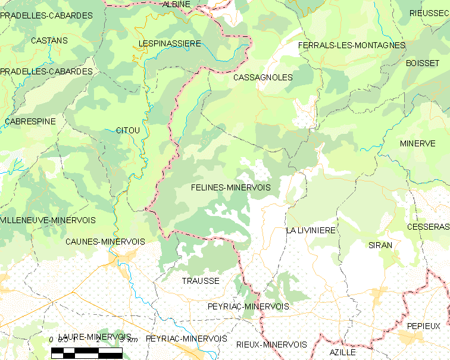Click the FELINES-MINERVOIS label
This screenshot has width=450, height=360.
point(231,187)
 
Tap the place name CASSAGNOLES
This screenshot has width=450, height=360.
point(263,78)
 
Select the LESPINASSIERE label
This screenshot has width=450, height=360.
point(170,44)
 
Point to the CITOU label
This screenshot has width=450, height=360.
point(128,130)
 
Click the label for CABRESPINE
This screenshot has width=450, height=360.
point(30,121)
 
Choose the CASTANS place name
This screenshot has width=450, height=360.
point(49,41)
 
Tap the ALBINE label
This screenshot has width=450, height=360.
point(176,4)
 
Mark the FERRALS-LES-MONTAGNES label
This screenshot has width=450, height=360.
point(351,45)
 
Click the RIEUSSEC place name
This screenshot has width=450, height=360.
point(429,13)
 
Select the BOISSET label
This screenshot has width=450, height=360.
point(422,63)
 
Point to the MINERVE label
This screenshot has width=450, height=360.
point(417,143)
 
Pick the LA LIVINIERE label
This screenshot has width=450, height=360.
point(311,230)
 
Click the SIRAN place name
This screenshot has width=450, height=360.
point(380,245)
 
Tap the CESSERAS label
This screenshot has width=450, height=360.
point(428,227)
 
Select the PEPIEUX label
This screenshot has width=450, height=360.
point(424,326)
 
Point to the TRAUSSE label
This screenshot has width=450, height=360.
point(201,281)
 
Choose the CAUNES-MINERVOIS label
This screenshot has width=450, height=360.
point(105,242)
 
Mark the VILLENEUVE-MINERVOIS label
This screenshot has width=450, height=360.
point(48,220)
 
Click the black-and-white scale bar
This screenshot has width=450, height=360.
point(86,352)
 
